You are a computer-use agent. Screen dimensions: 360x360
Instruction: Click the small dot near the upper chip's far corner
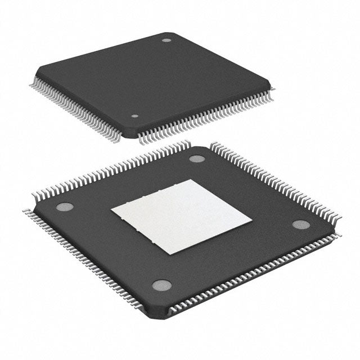pos(166,40)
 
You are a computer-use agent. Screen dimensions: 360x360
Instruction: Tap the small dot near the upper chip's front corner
pos(134,116)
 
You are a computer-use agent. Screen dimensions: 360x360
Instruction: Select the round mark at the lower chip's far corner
pos(196,158)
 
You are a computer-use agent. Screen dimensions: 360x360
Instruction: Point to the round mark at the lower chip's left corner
pos(65,206)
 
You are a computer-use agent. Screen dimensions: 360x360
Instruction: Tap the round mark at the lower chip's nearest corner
pos(161,285)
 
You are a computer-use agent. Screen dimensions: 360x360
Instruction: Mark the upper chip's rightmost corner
pos(273,84)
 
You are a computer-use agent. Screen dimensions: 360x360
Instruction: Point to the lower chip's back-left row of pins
pos(112,172)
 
